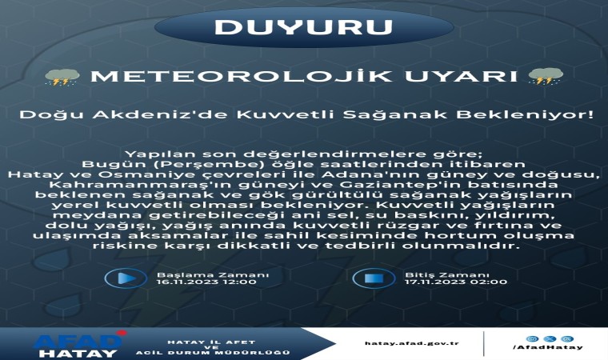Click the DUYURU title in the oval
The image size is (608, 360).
click(x=303, y=26)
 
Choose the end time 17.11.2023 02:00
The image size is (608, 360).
click(x=444, y=282)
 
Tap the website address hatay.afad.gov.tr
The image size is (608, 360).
click(x=410, y=343)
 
